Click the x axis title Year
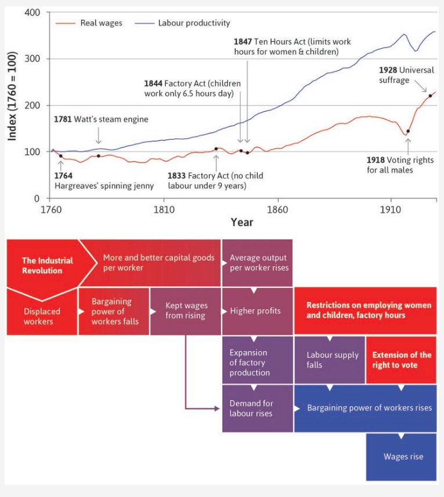tap(241, 222)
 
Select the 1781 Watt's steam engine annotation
tap(101, 119)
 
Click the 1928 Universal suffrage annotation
tap(406, 75)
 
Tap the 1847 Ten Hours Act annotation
tap(292, 46)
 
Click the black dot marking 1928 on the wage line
tap(430, 96)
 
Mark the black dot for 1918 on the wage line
tap(408, 131)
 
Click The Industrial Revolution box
tap(46, 265)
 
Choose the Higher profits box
tap(255, 311)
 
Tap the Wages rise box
tap(403, 456)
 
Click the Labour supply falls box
tap(332, 359)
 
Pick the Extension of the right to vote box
tap(402, 359)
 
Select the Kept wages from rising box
tap(186, 311)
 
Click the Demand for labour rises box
tap(251, 408)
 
